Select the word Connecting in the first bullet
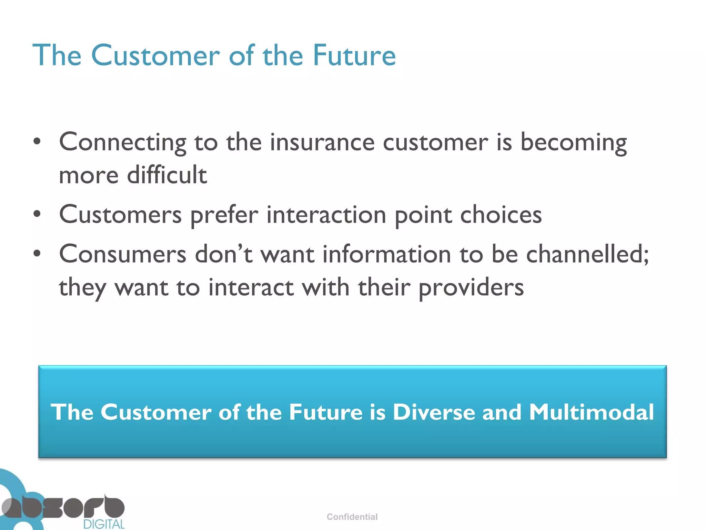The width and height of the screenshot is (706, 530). pos(123,143)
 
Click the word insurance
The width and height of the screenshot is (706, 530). pos(322,143)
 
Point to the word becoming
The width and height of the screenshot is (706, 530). pos(573,143)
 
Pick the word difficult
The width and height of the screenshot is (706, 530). pos(167,175)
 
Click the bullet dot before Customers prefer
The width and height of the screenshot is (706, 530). pos(37,214)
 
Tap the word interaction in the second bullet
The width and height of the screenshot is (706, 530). pos(326,215)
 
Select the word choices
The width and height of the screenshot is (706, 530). pos(501,215)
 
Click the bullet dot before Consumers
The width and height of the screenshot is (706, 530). pos(37,254)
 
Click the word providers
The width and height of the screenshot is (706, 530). pos(471,287)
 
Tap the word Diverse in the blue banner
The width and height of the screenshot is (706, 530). pos(434,412)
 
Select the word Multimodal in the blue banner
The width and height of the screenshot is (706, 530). pos(591,412)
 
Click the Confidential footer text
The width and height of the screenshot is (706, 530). pos(352,517)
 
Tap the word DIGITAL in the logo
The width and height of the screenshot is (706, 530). pos(104,524)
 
